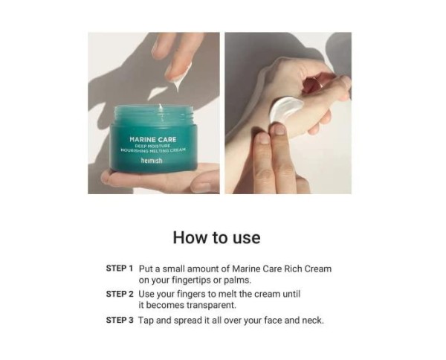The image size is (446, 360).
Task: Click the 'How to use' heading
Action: point(216,237)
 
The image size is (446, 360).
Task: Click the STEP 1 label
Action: point(120,268)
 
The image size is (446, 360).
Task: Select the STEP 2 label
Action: point(120,294)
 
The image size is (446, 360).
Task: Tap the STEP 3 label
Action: point(120,320)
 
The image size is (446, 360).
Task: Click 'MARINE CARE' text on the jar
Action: point(151,138)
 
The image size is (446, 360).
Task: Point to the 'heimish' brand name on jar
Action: point(151,160)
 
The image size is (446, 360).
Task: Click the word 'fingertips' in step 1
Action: point(191,280)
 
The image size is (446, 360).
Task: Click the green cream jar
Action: point(151,141)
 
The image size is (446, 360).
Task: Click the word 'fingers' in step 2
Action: point(198,294)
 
